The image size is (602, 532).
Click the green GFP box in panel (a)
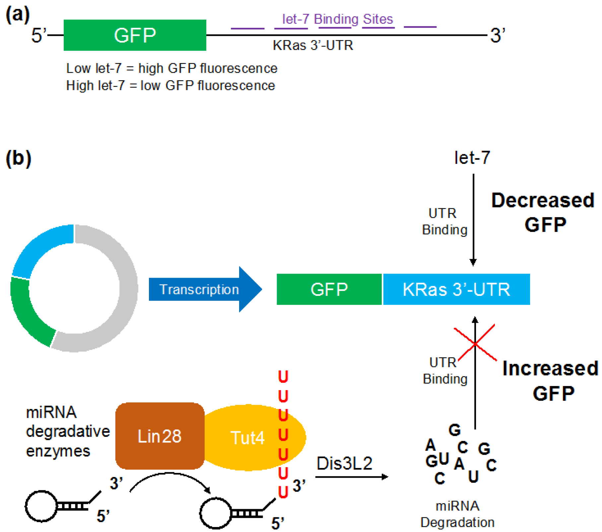tap(135, 35)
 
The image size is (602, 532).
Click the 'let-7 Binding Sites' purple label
tap(337, 19)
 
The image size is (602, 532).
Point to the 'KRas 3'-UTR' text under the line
tap(313, 45)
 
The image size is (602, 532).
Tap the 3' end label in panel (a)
tap(497, 35)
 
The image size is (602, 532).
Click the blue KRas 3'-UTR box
tap(456, 289)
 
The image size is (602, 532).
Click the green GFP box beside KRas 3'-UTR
tap(329, 289)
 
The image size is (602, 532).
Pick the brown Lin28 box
tap(160, 436)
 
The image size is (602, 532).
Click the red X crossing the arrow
tap(475, 343)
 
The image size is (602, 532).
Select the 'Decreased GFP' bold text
tap(543, 212)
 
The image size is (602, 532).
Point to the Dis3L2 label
tap(344, 463)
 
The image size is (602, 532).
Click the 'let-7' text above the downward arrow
tap(472, 158)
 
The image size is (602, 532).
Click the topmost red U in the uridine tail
tap(283, 376)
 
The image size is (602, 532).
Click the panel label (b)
tap(18, 158)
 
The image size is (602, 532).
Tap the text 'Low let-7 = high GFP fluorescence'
tap(171, 68)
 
